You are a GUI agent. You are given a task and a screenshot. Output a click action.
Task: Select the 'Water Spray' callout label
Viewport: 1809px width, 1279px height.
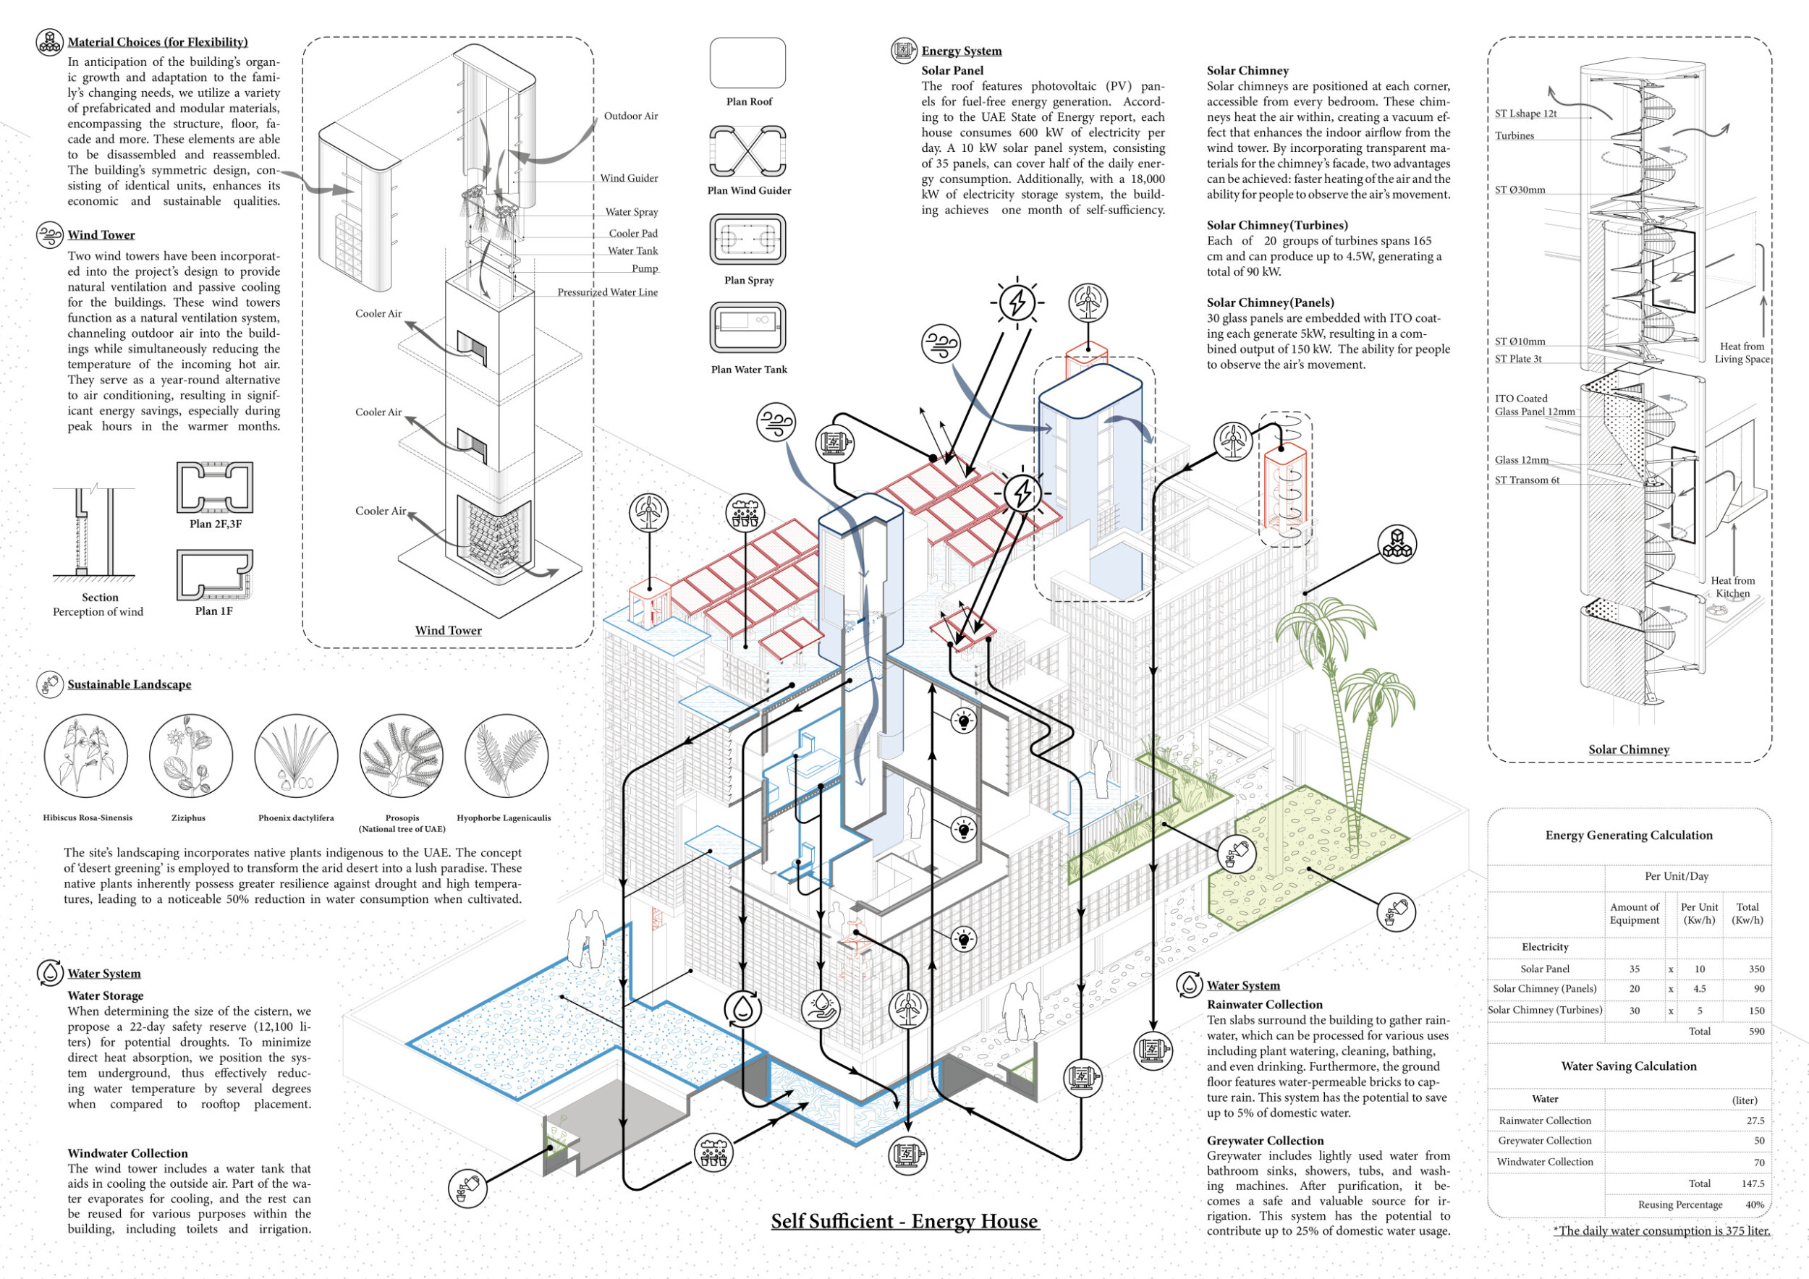(631, 212)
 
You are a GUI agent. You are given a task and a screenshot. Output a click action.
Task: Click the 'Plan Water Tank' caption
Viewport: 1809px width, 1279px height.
(748, 370)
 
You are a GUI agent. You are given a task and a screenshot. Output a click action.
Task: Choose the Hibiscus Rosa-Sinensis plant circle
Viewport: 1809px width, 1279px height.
(86, 756)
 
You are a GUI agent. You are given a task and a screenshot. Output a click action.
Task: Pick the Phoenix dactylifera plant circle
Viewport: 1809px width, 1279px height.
(296, 756)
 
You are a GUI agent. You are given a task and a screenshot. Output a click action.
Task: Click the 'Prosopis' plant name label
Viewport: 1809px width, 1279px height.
(402, 818)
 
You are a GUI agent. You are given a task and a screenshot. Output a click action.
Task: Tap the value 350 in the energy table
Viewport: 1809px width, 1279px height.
(1756, 969)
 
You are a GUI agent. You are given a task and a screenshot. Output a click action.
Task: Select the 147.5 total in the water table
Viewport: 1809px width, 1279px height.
(1753, 1184)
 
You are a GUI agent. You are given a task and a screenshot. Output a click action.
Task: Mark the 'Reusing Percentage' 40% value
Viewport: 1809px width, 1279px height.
(1755, 1205)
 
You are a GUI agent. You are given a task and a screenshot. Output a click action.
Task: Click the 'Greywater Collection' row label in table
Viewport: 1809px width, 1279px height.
(1544, 1141)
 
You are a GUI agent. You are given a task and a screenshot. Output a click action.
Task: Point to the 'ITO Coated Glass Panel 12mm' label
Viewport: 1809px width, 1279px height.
(1534, 406)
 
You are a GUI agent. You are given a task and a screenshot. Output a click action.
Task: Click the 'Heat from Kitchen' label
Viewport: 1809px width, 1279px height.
(1732, 587)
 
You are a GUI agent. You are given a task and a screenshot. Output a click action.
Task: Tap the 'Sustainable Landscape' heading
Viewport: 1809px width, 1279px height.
(130, 684)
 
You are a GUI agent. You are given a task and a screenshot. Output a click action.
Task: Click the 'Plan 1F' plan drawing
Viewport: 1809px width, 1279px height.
(214, 575)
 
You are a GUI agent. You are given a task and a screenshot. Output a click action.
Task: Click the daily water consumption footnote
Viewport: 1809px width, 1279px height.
(1661, 1231)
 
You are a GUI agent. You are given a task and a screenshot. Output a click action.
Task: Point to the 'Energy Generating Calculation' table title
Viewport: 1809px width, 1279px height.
(1629, 836)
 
